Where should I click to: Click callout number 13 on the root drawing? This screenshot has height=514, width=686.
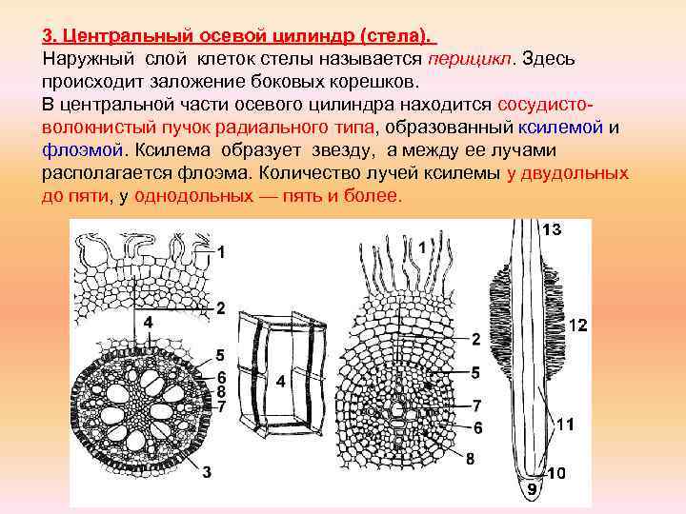(553, 229)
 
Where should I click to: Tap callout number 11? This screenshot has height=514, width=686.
(565, 424)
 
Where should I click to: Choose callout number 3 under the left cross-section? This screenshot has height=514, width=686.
(205, 470)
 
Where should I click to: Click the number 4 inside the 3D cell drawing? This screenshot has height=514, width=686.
(280, 382)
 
